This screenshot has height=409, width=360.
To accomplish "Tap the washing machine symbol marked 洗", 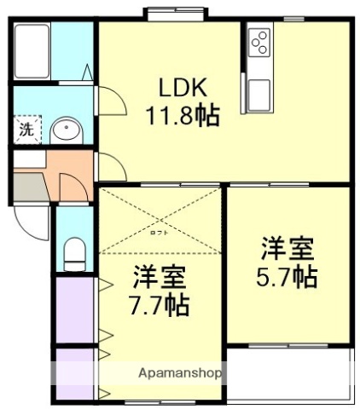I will click(x=26, y=130).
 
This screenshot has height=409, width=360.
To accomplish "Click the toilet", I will click(x=75, y=253).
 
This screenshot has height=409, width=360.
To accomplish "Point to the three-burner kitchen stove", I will click(x=259, y=41).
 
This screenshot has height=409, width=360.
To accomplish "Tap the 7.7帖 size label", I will click(x=159, y=303).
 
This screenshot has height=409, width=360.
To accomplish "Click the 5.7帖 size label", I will click(x=288, y=277).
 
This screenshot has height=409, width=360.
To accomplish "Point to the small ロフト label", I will click(x=160, y=233).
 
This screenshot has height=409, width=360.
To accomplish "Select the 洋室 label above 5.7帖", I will click(x=287, y=250).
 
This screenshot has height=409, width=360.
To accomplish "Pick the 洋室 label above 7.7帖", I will click(x=159, y=276).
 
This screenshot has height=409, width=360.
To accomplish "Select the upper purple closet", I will click(x=75, y=307).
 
